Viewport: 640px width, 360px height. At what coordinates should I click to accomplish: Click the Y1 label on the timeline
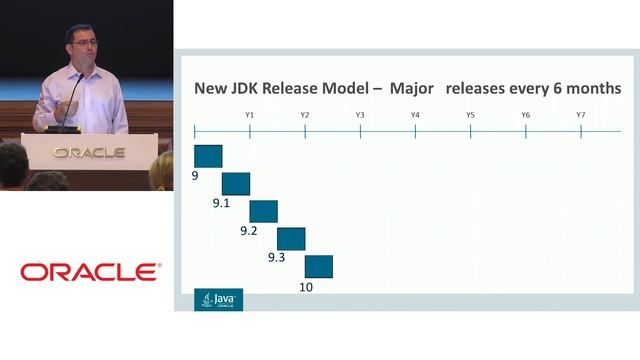(x=249, y=115)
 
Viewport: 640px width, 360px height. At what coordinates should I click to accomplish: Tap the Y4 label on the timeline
(x=415, y=115)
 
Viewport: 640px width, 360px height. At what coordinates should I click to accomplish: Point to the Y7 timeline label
(x=580, y=115)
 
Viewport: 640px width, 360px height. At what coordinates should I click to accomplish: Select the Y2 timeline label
(x=304, y=115)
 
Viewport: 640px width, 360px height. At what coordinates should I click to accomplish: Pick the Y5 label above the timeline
(x=470, y=115)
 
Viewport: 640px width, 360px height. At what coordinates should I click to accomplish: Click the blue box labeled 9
(x=207, y=156)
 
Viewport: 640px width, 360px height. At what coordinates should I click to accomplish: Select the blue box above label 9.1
(x=235, y=183)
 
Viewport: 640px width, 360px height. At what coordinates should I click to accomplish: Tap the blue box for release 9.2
(x=263, y=211)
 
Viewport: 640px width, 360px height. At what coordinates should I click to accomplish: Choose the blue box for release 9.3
(x=290, y=238)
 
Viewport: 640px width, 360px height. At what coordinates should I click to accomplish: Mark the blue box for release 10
(x=318, y=266)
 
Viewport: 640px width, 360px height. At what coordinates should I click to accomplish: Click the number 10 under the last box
(x=307, y=287)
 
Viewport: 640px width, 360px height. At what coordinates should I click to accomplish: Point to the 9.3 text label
(x=277, y=258)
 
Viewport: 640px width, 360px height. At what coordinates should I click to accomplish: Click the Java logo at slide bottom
(x=218, y=299)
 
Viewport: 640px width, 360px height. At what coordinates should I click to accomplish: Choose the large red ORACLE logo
(x=89, y=272)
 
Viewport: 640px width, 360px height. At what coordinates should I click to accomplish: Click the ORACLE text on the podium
(x=89, y=153)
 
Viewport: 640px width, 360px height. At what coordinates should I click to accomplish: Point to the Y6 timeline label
(x=525, y=115)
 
